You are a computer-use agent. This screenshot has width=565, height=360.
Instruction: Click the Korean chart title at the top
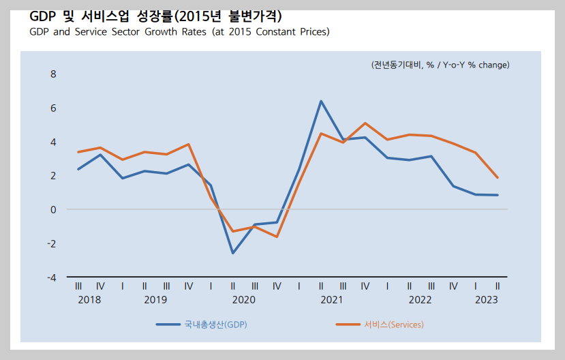[x=155, y=15]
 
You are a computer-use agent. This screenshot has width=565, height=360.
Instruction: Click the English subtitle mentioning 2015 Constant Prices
[x=179, y=32]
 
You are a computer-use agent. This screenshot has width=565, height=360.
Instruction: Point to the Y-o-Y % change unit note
[x=440, y=65]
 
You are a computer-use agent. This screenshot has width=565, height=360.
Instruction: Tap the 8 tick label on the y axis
[x=52, y=74]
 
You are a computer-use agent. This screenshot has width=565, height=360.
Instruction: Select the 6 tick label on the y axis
[x=52, y=108]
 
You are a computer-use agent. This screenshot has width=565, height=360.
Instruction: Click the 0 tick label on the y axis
[x=52, y=209]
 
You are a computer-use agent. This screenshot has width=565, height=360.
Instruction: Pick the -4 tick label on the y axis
[x=51, y=277]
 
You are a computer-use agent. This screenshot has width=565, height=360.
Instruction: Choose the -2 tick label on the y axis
[x=51, y=243]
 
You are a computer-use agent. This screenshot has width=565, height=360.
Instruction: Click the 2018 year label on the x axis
[x=89, y=299]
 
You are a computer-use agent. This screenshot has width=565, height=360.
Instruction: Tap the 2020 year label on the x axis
[x=243, y=299]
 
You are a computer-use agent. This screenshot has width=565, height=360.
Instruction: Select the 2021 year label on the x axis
[x=332, y=299]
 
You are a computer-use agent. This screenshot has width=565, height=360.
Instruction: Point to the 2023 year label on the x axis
[x=486, y=299]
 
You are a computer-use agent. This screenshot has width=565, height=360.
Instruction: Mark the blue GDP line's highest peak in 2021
[x=321, y=102]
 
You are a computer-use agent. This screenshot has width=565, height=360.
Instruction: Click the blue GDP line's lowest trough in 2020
[x=233, y=253]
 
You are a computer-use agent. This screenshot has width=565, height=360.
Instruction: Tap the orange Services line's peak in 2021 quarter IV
[x=365, y=123]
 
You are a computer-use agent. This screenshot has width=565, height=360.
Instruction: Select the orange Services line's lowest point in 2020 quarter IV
[x=277, y=237]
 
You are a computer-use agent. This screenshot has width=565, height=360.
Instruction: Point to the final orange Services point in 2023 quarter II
[x=498, y=177]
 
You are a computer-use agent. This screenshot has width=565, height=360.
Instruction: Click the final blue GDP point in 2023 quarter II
[x=498, y=195]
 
